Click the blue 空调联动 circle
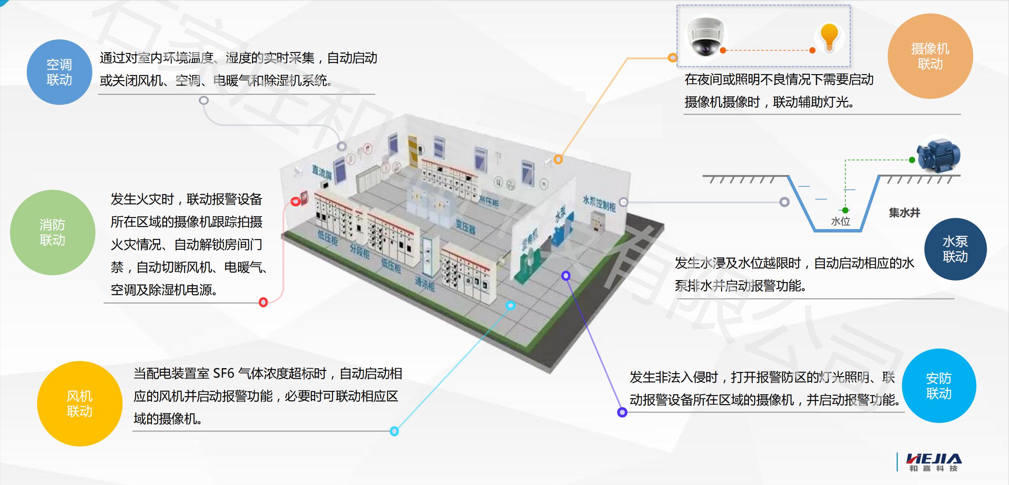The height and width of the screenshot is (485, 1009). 59,72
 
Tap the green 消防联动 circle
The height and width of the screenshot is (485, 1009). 53,232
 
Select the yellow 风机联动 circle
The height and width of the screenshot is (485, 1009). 79,404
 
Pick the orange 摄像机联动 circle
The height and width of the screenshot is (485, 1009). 930,56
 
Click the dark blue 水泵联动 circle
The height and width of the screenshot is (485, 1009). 955,249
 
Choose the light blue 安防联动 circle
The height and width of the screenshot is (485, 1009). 939,386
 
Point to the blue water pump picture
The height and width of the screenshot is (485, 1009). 938,158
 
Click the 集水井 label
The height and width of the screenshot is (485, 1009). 904,213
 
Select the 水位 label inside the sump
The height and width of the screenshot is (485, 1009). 841,222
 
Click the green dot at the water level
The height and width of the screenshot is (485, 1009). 845,211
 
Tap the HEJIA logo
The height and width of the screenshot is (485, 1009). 933,462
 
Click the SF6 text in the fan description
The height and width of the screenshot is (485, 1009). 224,373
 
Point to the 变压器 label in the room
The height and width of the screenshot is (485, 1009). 465,227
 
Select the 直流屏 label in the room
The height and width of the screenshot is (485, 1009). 322,173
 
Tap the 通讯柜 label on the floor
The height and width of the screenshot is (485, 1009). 424,284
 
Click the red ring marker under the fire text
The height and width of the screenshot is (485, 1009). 263,302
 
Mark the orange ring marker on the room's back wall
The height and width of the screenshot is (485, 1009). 558,159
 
